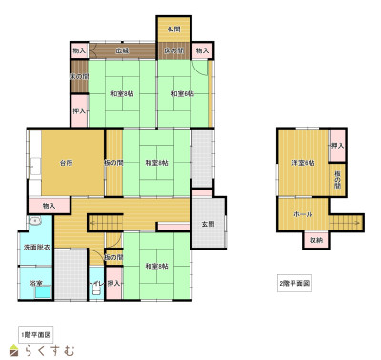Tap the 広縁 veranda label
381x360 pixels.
click(x=123, y=50)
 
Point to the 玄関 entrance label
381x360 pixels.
click(x=208, y=225)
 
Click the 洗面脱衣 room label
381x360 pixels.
click(x=36, y=248)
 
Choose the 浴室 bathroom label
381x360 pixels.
click(x=35, y=283)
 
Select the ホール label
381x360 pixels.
click(x=303, y=214)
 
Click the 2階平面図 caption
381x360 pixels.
click(x=294, y=284)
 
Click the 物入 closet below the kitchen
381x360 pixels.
click(x=49, y=205)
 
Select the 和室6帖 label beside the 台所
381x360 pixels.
click(x=157, y=163)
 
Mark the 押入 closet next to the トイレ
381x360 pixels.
click(x=113, y=283)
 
